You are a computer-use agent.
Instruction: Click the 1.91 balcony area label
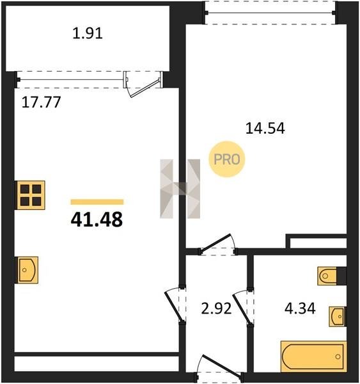click(88, 33)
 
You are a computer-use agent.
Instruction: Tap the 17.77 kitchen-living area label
click(41, 102)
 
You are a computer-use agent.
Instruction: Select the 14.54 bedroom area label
click(265, 128)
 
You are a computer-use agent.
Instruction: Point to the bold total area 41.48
click(97, 220)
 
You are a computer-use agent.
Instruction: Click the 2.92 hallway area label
click(216, 308)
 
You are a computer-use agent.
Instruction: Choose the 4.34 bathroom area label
click(300, 308)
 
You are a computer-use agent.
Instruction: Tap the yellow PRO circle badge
click(227, 159)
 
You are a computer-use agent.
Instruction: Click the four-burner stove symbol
click(30, 195)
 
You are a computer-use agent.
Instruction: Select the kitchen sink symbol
click(27, 270)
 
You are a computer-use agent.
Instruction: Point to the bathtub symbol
click(313, 356)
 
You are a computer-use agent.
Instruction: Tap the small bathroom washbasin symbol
click(338, 316)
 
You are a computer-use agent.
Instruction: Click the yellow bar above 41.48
click(97, 202)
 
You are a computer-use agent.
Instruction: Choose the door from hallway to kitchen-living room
click(175, 305)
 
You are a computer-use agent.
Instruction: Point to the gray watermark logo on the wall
click(180, 189)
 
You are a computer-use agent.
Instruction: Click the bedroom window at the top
click(270, 13)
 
